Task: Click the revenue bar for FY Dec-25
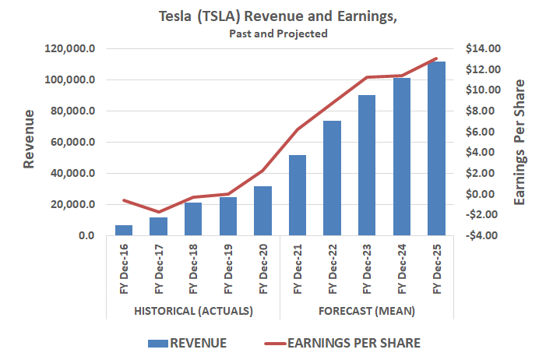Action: [x=436, y=149]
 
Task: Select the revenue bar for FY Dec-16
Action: [x=124, y=230]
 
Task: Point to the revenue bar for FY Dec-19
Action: [x=227, y=216]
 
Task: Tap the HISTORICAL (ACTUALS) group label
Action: [x=193, y=311]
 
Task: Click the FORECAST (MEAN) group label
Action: [x=367, y=311]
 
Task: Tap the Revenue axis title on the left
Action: [x=30, y=140]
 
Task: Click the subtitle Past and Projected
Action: [x=278, y=34]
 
